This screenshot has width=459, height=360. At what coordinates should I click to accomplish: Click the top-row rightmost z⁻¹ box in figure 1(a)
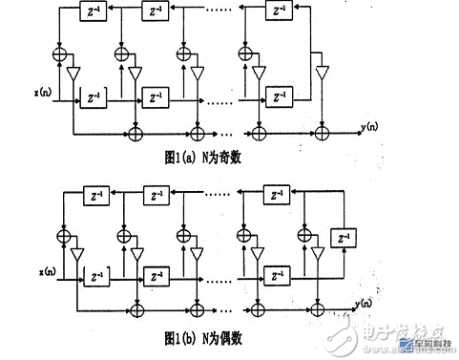[x=279, y=13]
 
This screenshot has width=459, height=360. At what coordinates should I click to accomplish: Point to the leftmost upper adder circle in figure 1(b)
[x=64, y=231]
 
